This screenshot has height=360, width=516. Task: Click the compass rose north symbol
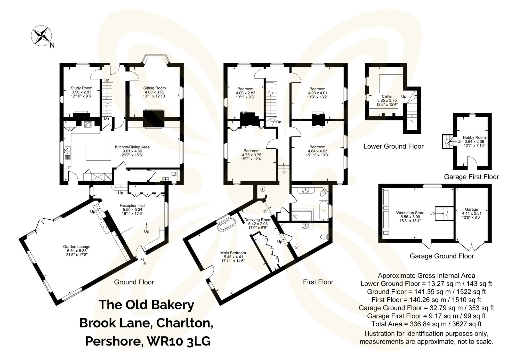pos(42,36)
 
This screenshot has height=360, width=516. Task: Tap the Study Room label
pos(81,88)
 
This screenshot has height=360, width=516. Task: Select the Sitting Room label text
pos(154,88)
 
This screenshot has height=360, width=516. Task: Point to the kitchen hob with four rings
pos(88,125)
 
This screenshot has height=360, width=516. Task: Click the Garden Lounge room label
pos(77,247)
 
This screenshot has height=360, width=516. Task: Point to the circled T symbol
pos(262,189)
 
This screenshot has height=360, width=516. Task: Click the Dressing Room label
pos(258,220)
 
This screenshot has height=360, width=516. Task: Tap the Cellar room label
pos(387,96)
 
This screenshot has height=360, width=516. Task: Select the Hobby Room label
pos(474,138)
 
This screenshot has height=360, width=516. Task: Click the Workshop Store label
pos(410,213)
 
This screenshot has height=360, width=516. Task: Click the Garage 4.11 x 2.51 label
pos(471,213)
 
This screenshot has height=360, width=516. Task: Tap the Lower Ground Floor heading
pos(393,146)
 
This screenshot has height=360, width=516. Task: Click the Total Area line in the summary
pos(426,324)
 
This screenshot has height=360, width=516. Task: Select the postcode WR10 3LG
pos(179,341)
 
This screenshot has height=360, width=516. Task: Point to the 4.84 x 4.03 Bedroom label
pos(317,151)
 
